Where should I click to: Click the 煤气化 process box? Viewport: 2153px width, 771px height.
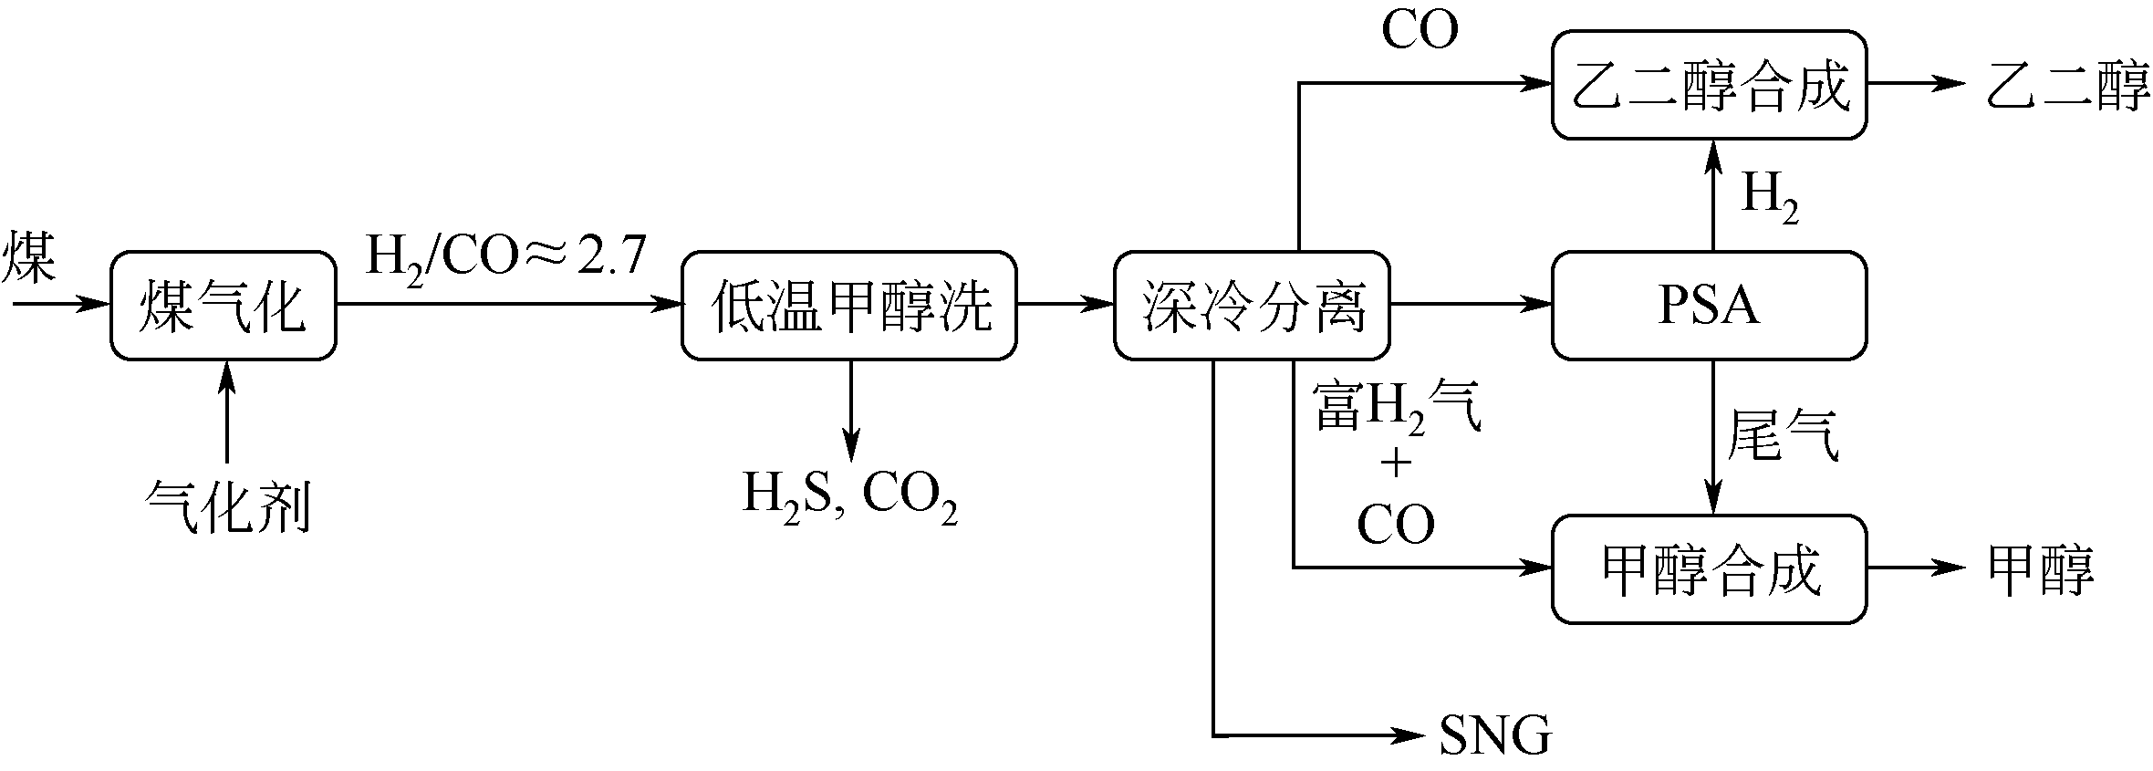pyautogui.click(x=223, y=305)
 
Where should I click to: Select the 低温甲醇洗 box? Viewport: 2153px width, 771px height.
pyautogui.click(x=848, y=305)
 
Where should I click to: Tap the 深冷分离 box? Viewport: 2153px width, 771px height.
pyautogui.click(x=1252, y=305)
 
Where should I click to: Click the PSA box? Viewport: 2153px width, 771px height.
pyautogui.click(x=1709, y=305)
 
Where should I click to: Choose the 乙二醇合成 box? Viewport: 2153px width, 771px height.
pyautogui.click(x=1709, y=85)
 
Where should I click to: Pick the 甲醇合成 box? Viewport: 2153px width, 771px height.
pyautogui.click(x=1709, y=568)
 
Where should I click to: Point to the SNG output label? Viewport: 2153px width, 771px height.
pyautogui.click(x=1494, y=735)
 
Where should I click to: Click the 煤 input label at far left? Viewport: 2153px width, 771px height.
pyautogui.click(x=29, y=256)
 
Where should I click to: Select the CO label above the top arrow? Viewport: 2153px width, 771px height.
pyautogui.click(x=1420, y=29)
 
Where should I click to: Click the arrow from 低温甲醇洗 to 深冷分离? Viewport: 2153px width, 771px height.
pyautogui.click(x=1064, y=305)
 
